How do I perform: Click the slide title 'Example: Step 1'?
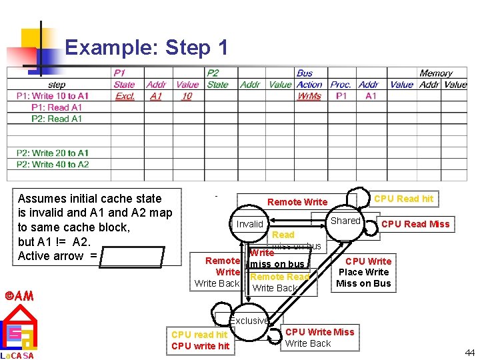[x=147, y=47]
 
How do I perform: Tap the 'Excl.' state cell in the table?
[x=124, y=96]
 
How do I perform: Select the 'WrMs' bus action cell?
[x=309, y=96]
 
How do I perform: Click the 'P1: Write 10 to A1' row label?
[x=53, y=96]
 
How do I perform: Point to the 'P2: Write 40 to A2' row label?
[x=53, y=164]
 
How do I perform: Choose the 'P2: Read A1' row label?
[x=57, y=119]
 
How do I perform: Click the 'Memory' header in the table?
[x=436, y=73]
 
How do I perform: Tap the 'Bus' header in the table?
[x=305, y=73]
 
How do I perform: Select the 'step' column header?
[x=57, y=85]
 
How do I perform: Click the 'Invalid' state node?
[x=250, y=224]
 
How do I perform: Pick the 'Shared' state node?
[x=345, y=221]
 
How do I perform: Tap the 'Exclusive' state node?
[x=249, y=321]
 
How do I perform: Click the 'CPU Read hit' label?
[x=403, y=199]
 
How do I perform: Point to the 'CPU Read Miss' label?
[x=415, y=224]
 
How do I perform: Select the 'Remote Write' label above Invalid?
[x=297, y=202]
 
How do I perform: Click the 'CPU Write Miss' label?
[x=320, y=332]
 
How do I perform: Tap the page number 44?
[x=469, y=353]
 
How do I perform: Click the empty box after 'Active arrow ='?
[x=133, y=256]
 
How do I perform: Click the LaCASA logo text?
[x=18, y=355]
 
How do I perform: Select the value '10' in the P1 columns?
[x=187, y=96]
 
